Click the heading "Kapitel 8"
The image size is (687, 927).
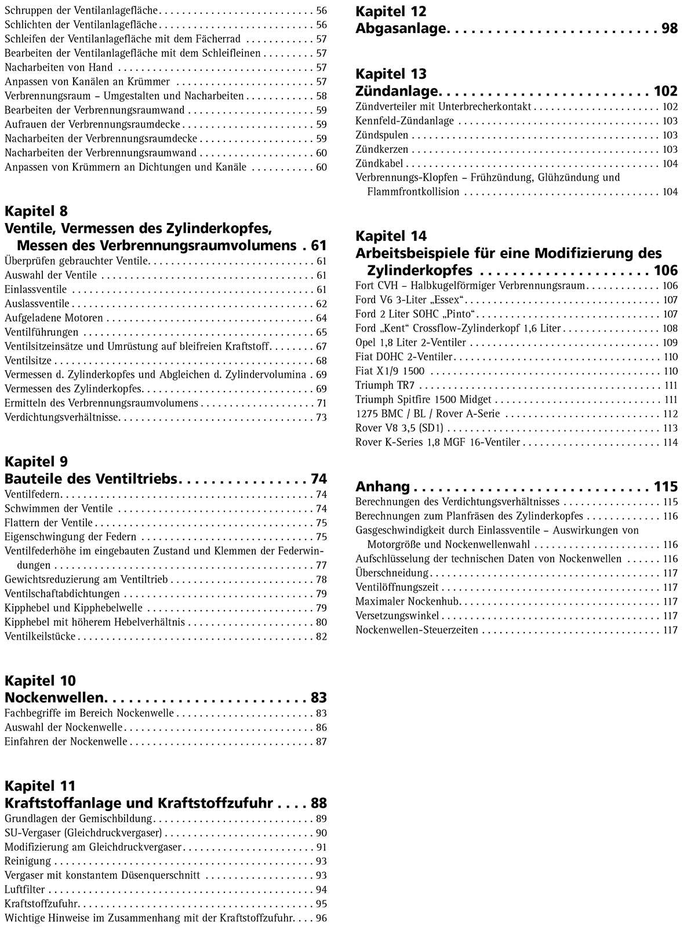point(36,211)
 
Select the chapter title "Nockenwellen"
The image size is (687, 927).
point(54,697)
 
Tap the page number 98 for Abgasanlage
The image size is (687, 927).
point(669,28)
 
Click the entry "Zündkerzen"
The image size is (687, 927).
point(381,149)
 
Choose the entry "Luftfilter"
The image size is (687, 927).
point(24,889)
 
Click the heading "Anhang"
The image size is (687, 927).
point(382,486)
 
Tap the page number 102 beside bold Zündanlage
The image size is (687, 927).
point(665,91)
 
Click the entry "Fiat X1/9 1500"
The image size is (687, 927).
point(390,371)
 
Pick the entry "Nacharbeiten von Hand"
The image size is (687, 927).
point(59,67)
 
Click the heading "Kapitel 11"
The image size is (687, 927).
point(40,786)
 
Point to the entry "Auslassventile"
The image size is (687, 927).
point(37,304)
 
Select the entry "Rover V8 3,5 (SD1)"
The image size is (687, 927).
point(399,428)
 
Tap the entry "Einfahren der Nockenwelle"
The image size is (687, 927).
point(66,742)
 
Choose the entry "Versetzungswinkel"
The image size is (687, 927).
point(397,616)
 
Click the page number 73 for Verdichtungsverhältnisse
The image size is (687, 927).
point(321,418)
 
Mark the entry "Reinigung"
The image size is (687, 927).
point(28,861)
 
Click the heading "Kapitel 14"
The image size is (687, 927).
point(391,236)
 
